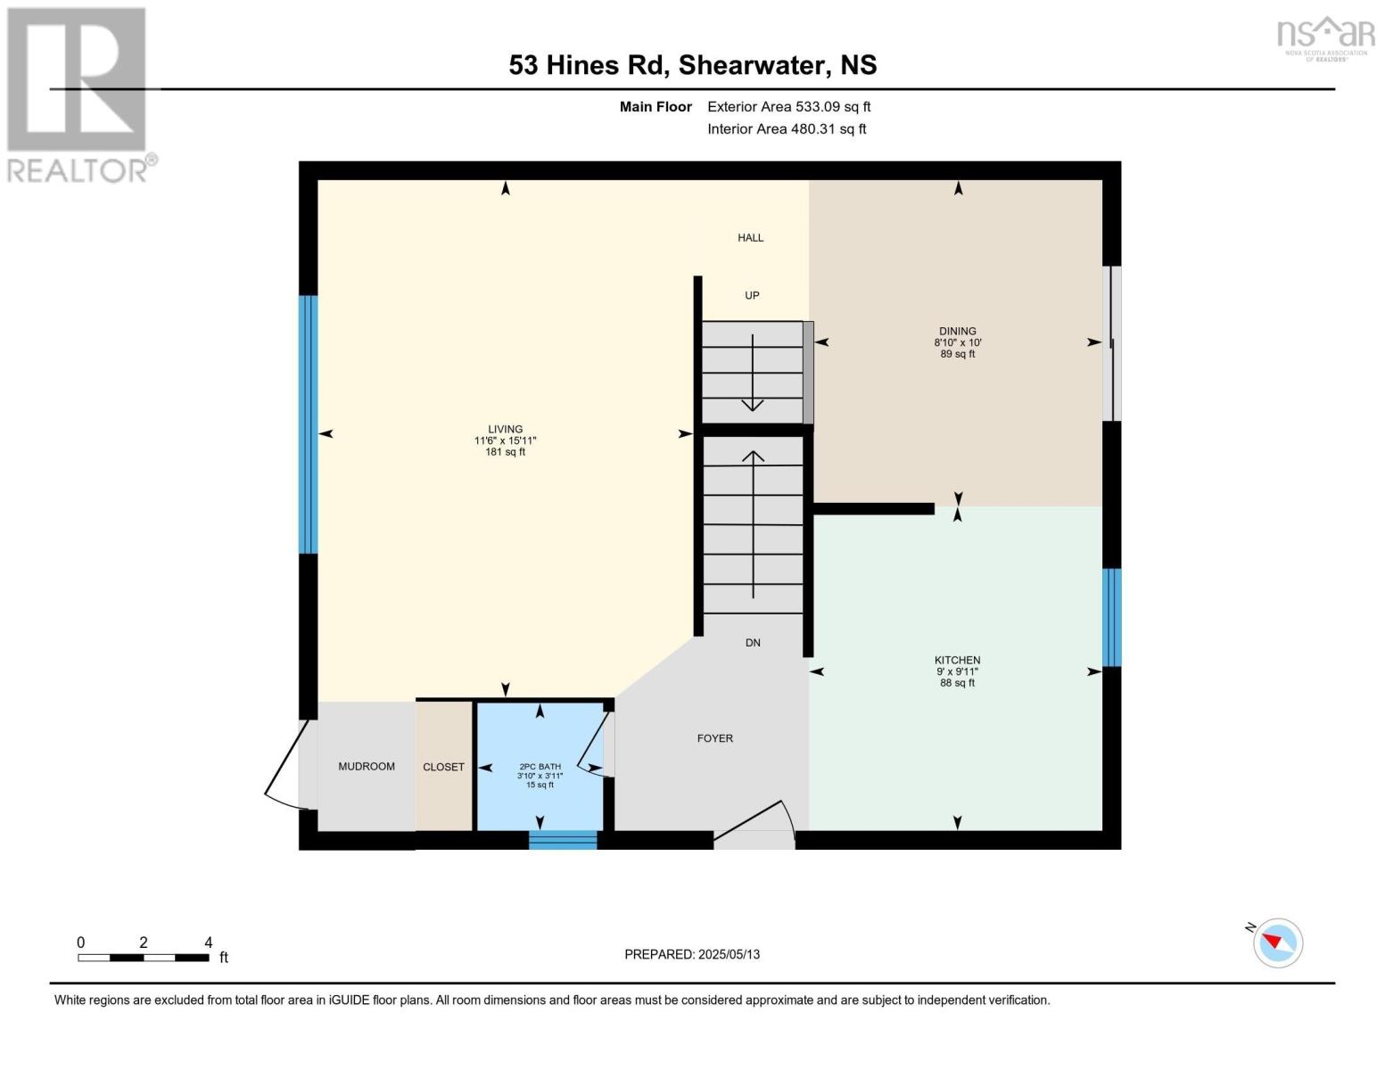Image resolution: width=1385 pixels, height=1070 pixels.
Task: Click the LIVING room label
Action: (505, 429)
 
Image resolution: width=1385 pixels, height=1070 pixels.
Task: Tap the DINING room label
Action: (957, 331)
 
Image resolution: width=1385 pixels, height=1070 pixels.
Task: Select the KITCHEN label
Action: (957, 660)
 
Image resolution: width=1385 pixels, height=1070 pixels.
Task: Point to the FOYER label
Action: (714, 738)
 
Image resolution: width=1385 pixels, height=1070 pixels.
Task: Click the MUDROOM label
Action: (367, 766)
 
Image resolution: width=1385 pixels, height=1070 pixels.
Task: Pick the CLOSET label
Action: (443, 767)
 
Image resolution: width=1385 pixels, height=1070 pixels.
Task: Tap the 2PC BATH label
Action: (540, 767)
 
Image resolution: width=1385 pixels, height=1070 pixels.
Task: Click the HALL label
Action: (750, 238)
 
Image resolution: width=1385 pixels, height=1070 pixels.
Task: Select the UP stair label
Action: (752, 295)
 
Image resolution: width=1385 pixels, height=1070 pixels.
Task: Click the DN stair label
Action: (753, 642)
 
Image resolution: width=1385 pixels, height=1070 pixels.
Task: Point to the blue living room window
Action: (309, 424)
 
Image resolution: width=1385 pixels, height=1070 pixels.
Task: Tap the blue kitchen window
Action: (1111, 618)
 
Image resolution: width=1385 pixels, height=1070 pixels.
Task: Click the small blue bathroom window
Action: (563, 840)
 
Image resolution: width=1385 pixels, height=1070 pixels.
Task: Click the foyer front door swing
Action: (755, 822)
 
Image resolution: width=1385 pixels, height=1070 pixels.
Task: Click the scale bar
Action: (144, 957)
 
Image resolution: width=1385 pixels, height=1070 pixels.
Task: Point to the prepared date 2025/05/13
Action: (729, 954)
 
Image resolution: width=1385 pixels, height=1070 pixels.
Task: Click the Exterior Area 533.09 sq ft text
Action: (788, 106)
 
